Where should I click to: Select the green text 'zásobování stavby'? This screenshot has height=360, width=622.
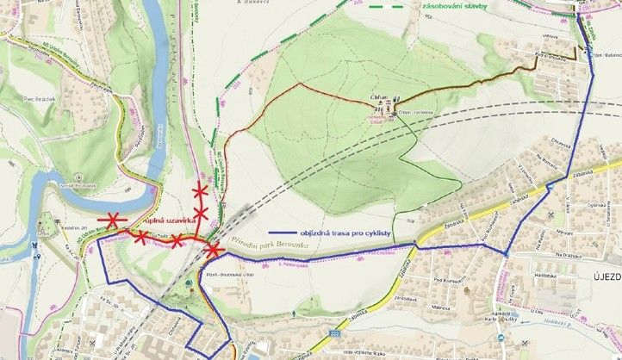455,7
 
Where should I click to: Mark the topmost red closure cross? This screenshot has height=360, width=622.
201,190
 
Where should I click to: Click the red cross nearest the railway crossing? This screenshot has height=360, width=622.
213,250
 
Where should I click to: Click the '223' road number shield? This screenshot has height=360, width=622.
334,329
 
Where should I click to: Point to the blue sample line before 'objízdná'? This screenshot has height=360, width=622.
286,233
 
